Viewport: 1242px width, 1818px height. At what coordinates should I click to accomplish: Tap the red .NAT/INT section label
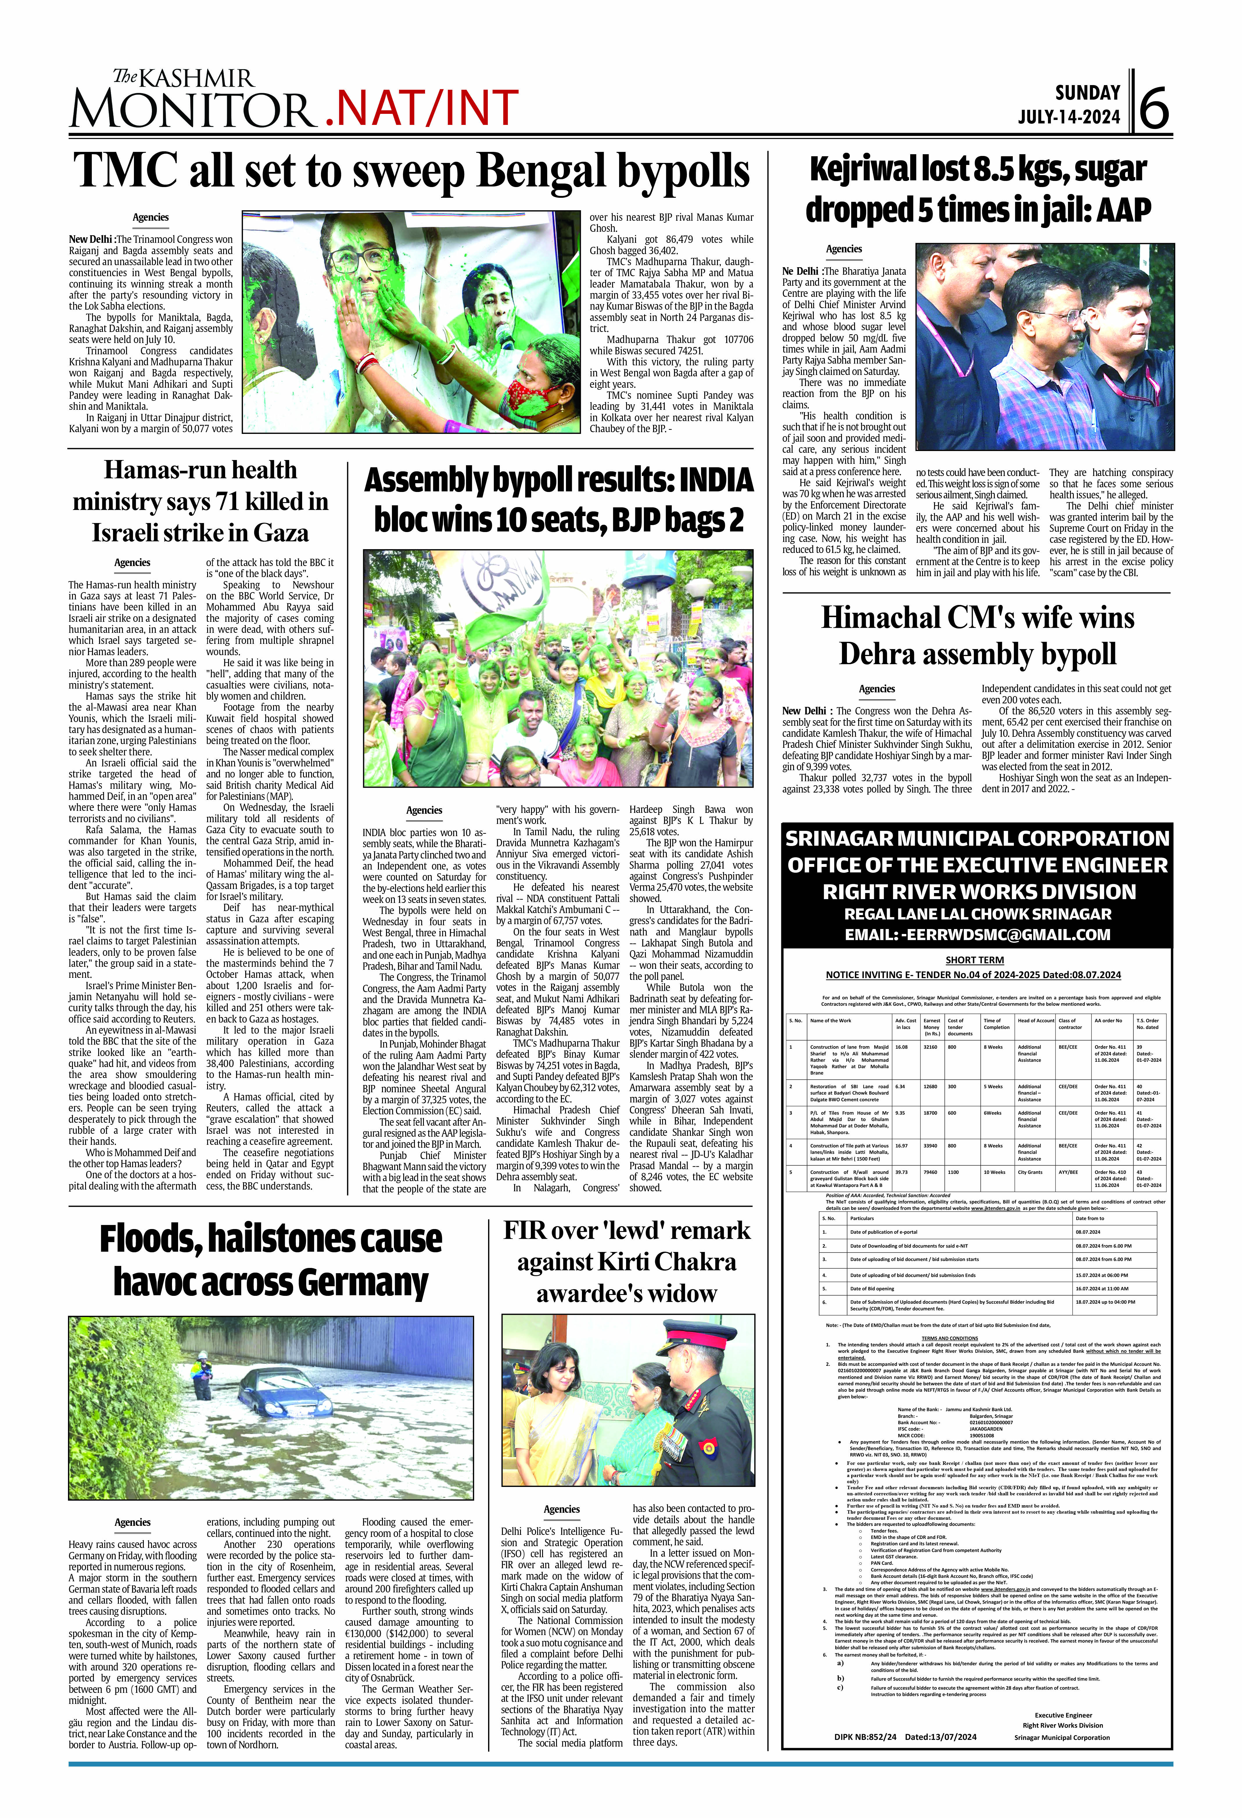coord(421,108)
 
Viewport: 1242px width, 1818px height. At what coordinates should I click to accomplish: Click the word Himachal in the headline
coord(880,618)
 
